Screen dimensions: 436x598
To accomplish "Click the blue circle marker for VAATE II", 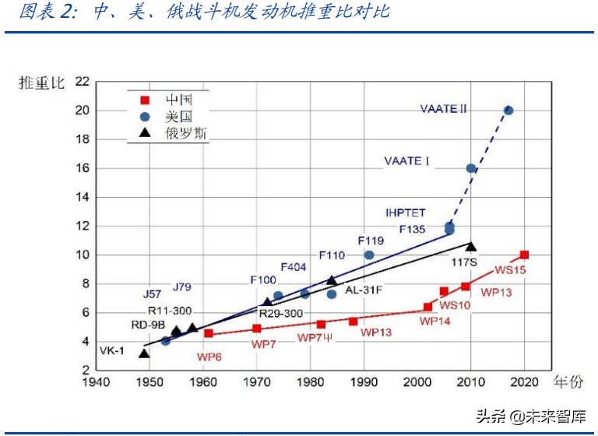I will [508, 111].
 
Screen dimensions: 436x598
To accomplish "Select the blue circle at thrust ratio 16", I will [470, 168].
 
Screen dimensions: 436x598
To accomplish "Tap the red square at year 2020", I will [524, 255].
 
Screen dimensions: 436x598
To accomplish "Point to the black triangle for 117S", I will [470, 246].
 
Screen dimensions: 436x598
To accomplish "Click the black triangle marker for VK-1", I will [143, 353].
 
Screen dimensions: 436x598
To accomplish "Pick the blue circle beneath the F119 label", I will [369, 255].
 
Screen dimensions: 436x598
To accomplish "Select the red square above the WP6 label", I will [209, 333].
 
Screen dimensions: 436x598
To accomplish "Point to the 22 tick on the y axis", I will [82, 82].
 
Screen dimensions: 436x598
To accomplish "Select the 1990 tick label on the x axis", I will [364, 382].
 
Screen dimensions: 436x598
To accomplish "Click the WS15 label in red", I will [511, 270].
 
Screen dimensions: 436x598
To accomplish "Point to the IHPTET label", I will [406, 213].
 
